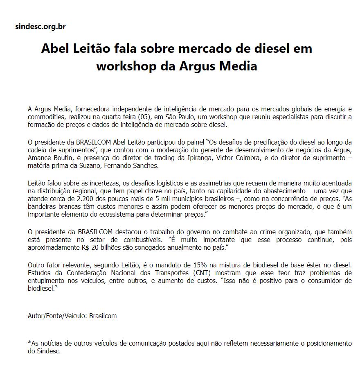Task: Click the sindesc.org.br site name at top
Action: tap(40, 27)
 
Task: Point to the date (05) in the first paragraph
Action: tap(145, 117)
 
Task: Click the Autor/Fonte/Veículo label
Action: tap(58, 316)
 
